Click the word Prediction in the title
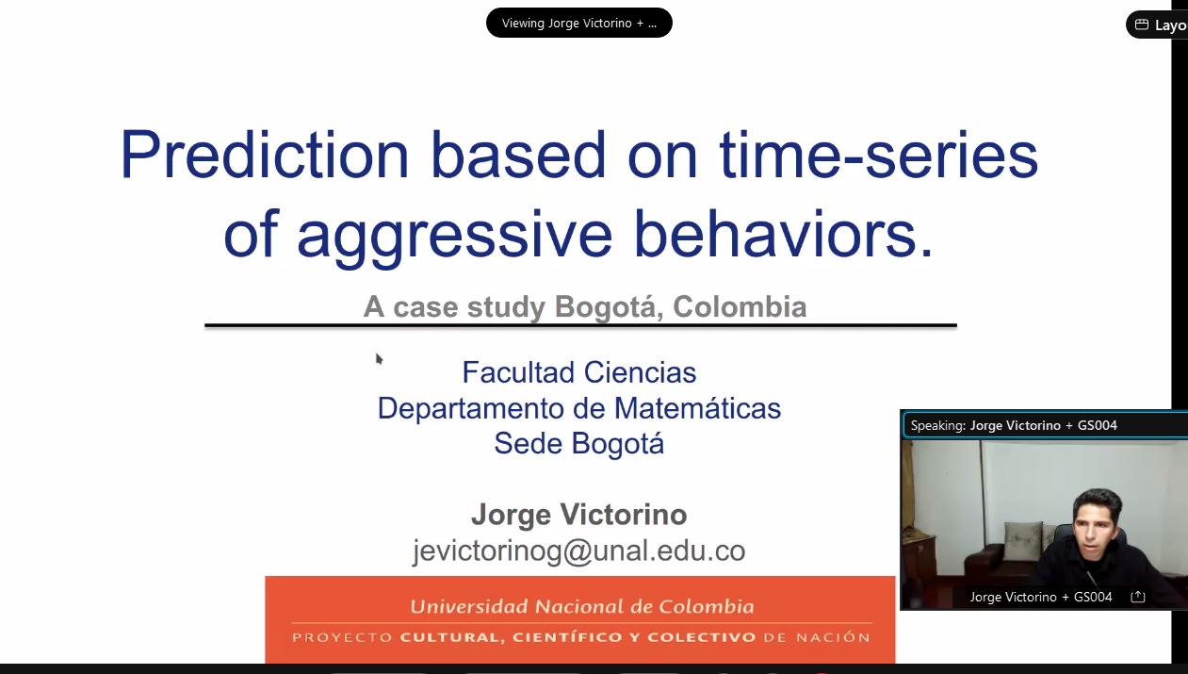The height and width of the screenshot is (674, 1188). point(265,154)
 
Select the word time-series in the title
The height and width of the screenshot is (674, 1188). point(878,154)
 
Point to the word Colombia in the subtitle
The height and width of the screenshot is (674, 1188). point(740,306)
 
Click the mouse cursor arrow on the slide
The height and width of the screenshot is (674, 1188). point(379,359)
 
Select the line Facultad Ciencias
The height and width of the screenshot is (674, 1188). point(579,372)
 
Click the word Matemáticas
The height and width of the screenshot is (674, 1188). point(697,408)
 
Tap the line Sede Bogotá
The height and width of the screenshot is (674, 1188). point(579,443)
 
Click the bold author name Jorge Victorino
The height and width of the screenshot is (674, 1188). point(579,515)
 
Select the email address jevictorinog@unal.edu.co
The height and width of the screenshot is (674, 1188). point(579,551)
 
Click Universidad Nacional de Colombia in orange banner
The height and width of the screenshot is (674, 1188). point(582,606)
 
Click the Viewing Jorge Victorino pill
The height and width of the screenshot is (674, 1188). point(579,23)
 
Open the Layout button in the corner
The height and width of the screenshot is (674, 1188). point(1158,25)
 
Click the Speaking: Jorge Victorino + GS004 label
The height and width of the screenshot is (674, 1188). point(1014,426)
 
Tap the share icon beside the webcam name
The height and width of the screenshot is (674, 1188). point(1138,597)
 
